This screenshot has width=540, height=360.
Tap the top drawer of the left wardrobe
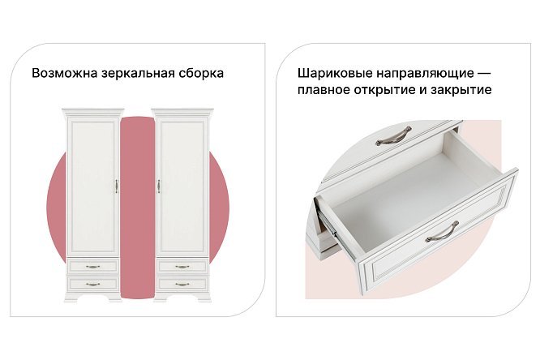click(x=92, y=266)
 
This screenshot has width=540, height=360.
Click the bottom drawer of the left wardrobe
click(x=92, y=283)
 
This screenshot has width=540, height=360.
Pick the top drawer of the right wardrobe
click(x=182, y=266)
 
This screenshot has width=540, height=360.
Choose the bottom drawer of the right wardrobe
click(x=182, y=283)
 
